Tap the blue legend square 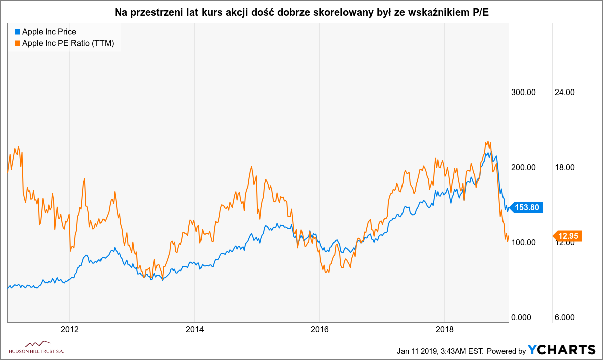tap(17, 32)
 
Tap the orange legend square tap(17, 43)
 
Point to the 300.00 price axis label tap(524, 92)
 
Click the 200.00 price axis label tap(524, 167)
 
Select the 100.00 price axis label tap(524, 242)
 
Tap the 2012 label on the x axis tap(69, 330)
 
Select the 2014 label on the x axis tap(194, 330)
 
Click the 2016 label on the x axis tap(320, 330)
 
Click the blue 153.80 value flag tap(528, 207)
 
